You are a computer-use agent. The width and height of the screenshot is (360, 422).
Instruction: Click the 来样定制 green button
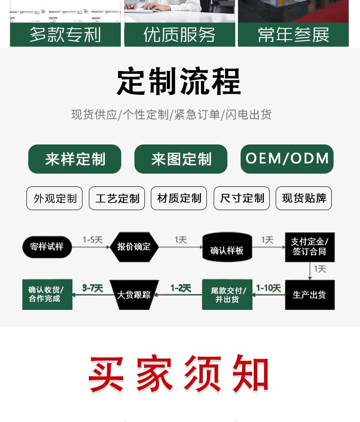(75, 159)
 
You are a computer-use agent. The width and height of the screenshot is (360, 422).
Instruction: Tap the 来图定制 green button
(181, 159)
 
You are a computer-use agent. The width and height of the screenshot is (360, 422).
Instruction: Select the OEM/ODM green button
(287, 159)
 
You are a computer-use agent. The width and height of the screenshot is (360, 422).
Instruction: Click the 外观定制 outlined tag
(55, 198)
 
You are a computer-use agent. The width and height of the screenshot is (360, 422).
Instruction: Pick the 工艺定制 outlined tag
(117, 198)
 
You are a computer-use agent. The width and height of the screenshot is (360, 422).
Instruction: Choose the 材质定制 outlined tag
(179, 198)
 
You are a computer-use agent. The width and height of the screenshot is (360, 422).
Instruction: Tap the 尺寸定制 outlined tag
(242, 198)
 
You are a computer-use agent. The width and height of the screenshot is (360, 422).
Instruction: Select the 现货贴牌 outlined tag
(304, 198)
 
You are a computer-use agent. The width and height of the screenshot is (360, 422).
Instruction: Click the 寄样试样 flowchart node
(47, 247)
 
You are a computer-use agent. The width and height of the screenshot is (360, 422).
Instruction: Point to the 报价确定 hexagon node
(134, 247)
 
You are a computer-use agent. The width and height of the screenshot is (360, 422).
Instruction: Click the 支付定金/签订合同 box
(310, 247)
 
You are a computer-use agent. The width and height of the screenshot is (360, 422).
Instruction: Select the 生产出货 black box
(310, 295)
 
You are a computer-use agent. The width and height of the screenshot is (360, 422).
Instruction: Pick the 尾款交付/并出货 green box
(227, 295)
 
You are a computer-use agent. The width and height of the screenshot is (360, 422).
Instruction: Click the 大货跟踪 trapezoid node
(134, 295)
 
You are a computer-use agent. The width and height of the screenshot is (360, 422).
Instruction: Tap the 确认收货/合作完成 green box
(47, 294)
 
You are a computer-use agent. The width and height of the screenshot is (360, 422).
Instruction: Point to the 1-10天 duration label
(268, 288)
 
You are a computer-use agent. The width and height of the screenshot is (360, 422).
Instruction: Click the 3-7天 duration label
(93, 288)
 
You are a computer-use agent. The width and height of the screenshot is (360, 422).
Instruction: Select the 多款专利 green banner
(65, 35)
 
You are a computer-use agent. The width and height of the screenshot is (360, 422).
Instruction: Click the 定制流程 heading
(179, 82)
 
